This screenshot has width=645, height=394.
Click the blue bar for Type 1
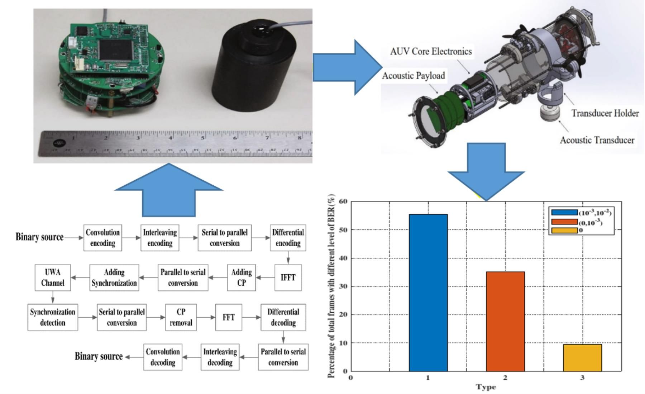pyautogui.click(x=428, y=293)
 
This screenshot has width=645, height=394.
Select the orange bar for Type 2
pyautogui.click(x=505, y=321)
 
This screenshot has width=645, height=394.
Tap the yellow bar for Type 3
pyautogui.click(x=582, y=357)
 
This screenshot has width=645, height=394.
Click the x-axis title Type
pyautogui.click(x=486, y=387)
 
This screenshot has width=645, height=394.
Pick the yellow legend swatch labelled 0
pyautogui.click(x=564, y=231)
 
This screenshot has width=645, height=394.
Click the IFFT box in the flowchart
pyautogui.click(x=288, y=277)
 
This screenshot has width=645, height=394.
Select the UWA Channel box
pyautogui.click(x=53, y=277)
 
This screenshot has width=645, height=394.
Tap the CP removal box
pyautogui.click(x=181, y=317)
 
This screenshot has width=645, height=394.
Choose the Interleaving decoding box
pyautogui.click(x=220, y=357)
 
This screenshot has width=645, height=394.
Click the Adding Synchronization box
pyautogui.click(x=114, y=277)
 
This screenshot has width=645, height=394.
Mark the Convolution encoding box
pyautogui.click(x=102, y=238)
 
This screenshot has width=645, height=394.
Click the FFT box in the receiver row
pyautogui.click(x=228, y=317)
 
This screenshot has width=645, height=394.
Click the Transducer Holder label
pyautogui.click(x=605, y=113)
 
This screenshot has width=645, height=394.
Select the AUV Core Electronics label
pyautogui.click(x=431, y=52)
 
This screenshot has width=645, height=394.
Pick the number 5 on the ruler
pyautogui.click(x=202, y=138)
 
